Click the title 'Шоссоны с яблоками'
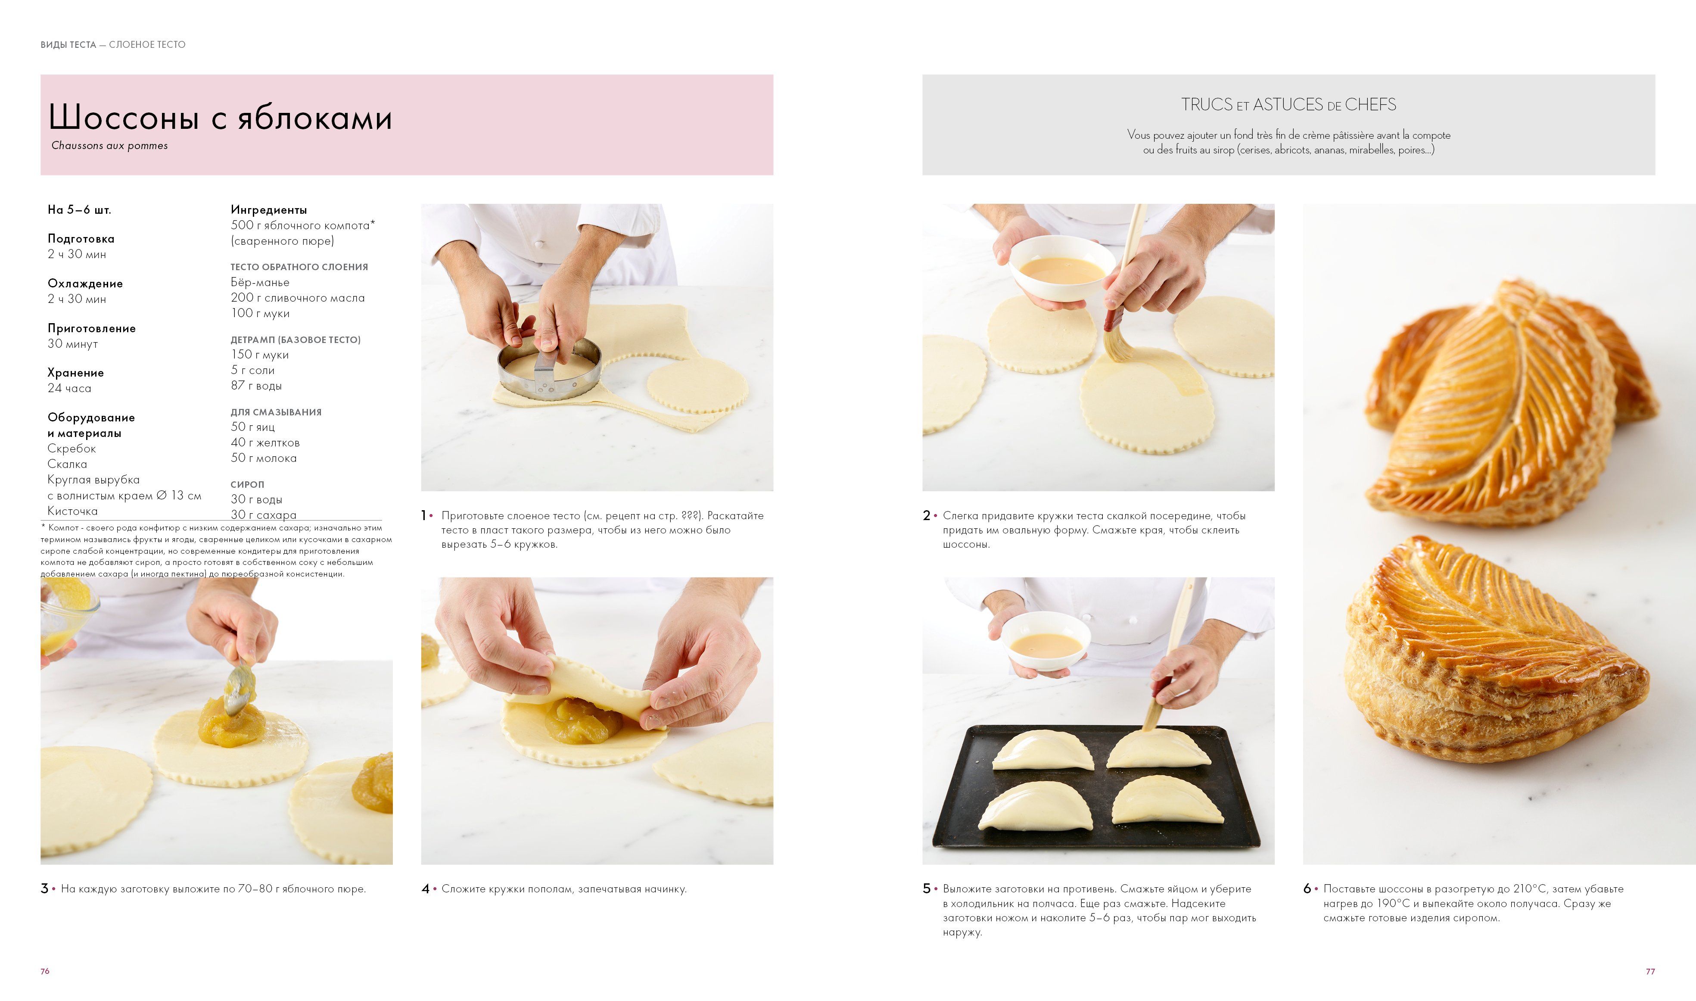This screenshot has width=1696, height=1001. [x=220, y=117]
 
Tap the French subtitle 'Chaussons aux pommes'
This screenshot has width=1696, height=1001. [x=109, y=146]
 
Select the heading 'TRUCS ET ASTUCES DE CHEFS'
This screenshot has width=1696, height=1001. [x=1288, y=105]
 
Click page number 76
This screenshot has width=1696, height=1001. [x=45, y=971]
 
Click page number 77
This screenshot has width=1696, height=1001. [x=1650, y=971]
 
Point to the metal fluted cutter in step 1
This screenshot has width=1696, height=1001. [x=549, y=368]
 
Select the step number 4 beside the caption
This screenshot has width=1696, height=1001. [x=426, y=889]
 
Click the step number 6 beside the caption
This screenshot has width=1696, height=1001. [x=1307, y=889]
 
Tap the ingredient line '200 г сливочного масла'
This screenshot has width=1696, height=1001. [x=297, y=297]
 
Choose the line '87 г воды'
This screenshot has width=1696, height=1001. [x=256, y=386]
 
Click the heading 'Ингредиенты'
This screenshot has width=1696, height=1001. [x=268, y=210]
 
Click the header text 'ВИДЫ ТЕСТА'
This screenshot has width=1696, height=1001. [x=68, y=44]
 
